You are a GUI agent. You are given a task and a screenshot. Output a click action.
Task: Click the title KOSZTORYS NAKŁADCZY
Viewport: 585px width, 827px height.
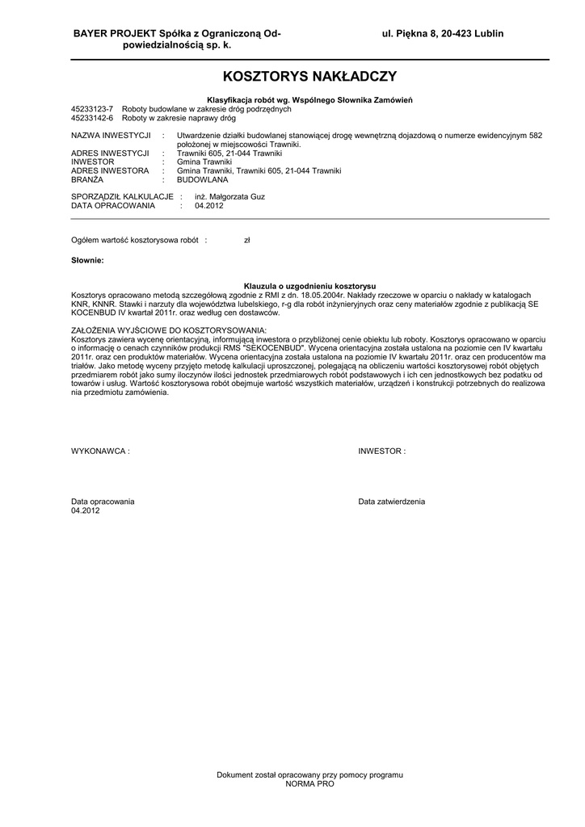click(309, 77)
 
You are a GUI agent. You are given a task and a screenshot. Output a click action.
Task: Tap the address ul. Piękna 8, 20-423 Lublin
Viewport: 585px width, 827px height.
click(443, 33)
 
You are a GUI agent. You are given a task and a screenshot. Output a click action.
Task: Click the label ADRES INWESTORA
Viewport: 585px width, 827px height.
click(110, 171)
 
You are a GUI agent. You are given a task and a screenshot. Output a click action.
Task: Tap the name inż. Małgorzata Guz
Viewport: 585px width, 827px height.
click(229, 196)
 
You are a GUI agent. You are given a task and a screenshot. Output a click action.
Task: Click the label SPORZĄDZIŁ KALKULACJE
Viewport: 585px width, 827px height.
click(122, 196)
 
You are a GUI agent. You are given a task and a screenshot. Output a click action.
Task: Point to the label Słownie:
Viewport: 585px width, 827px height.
click(87, 260)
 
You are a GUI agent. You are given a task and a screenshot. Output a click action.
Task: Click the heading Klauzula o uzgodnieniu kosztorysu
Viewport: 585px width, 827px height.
click(309, 287)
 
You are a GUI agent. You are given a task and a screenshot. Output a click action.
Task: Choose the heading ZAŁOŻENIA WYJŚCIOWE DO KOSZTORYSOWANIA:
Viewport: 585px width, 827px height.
click(168, 332)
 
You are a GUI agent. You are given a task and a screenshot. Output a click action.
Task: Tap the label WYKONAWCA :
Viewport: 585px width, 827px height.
click(100, 451)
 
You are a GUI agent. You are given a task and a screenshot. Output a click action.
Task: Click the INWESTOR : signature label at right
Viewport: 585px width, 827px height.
click(382, 451)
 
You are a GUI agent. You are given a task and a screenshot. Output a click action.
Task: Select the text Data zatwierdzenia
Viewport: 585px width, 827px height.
click(391, 502)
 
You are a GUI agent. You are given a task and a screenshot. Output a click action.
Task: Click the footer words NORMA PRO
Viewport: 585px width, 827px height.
click(309, 784)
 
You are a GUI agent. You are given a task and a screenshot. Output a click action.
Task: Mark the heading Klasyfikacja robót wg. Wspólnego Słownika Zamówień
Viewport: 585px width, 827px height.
click(309, 99)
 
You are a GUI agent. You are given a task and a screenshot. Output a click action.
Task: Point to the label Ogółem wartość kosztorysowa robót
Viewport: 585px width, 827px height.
click(135, 241)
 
